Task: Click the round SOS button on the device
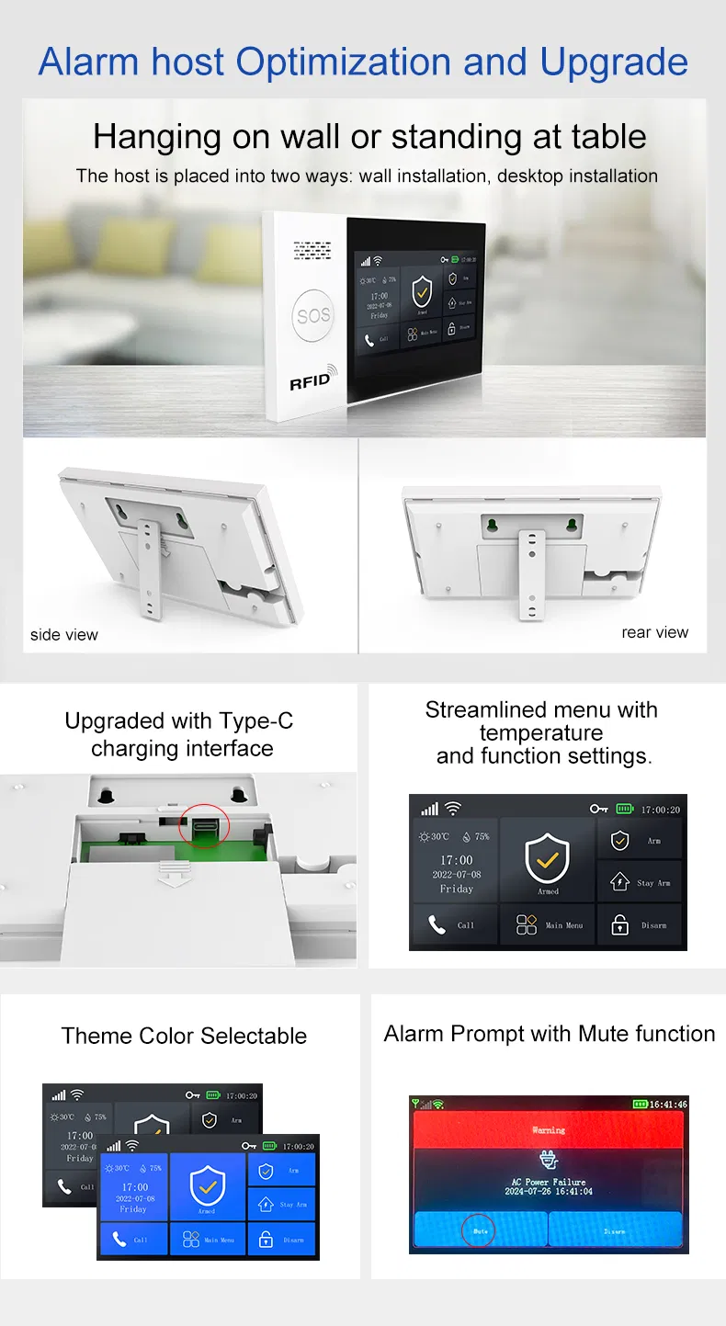(x=312, y=316)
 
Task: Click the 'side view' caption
(x=63, y=635)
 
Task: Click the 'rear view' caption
(x=654, y=632)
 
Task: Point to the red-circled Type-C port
(x=203, y=824)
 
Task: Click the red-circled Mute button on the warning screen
(x=480, y=1230)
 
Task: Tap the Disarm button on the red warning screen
(x=615, y=1230)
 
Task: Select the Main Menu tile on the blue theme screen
(x=207, y=1239)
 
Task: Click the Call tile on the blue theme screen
(x=132, y=1239)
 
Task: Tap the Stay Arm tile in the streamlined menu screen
(x=640, y=882)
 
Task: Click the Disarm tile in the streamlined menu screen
(x=640, y=924)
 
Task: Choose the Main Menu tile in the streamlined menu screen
(x=549, y=924)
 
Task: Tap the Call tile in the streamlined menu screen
(x=454, y=924)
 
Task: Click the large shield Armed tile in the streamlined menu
(x=548, y=860)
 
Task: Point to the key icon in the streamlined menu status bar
(x=599, y=809)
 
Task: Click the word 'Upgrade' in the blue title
(x=614, y=62)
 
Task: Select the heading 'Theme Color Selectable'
(x=184, y=1036)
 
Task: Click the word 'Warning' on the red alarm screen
(x=549, y=1129)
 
